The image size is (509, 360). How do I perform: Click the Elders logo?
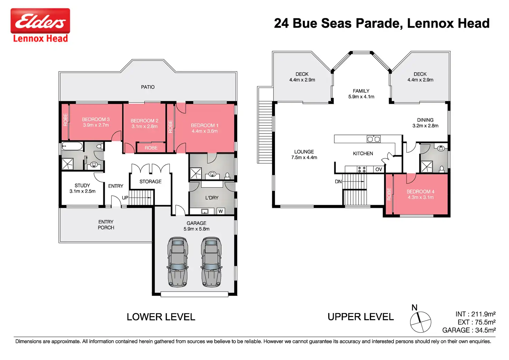(x=40, y=25)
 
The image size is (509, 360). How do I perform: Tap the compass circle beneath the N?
(x=420, y=322)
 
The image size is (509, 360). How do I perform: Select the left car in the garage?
(x=178, y=262)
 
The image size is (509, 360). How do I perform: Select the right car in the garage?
(x=211, y=262)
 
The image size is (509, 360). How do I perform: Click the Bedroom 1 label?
(x=204, y=125)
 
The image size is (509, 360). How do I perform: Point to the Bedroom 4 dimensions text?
(x=420, y=197)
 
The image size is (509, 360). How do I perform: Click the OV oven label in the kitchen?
(x=379, y=169)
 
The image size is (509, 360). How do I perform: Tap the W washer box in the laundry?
(x=221, y=211)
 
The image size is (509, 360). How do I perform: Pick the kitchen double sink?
(x=373, y=139)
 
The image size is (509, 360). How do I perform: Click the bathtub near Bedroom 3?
(x=72, y=146)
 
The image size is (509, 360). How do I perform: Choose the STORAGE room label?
(x=150, y=181)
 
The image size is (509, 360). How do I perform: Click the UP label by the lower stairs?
(x=125, y=198)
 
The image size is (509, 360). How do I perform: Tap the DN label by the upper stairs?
(x=338, y=181)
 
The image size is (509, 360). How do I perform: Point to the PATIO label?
(x=148, y=87)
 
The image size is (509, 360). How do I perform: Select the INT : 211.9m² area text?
(x=475, y=314)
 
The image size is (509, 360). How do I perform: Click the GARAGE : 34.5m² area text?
(x=469, y=330)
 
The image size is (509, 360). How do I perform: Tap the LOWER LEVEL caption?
(x=161, y=317)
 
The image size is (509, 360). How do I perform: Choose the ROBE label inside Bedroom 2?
(x=151, y=148)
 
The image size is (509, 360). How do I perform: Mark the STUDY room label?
(x=82, y=185)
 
